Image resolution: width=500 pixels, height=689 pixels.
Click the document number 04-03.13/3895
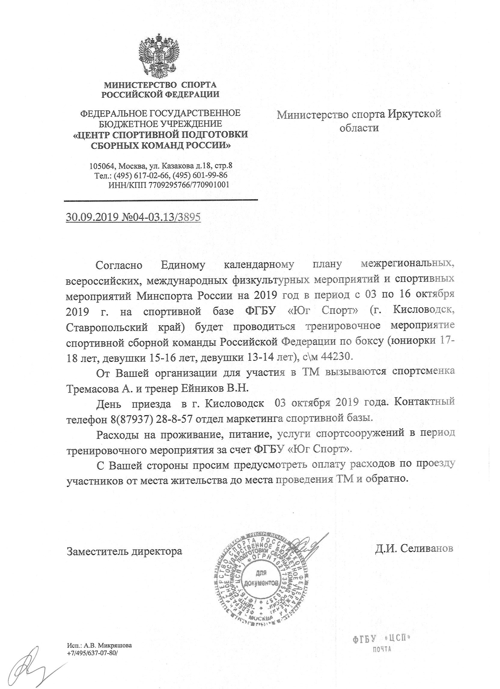pyautogui.click(x=161, y=218)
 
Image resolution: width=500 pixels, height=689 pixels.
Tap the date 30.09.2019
pyautogui.click(x=93, y=218)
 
